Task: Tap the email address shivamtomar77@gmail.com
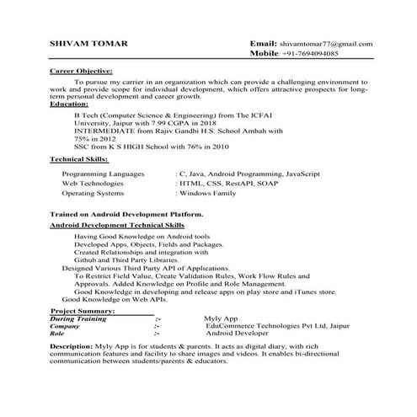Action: (x=327, y=42)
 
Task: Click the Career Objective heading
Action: (x=81, y=72)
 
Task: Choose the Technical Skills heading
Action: (x=79, y=159)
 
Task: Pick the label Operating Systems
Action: (x=94, y=193)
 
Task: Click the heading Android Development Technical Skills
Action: (x=117, y=227)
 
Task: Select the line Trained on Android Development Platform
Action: (x=126, y=215)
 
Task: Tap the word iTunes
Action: (x=304, y=291)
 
